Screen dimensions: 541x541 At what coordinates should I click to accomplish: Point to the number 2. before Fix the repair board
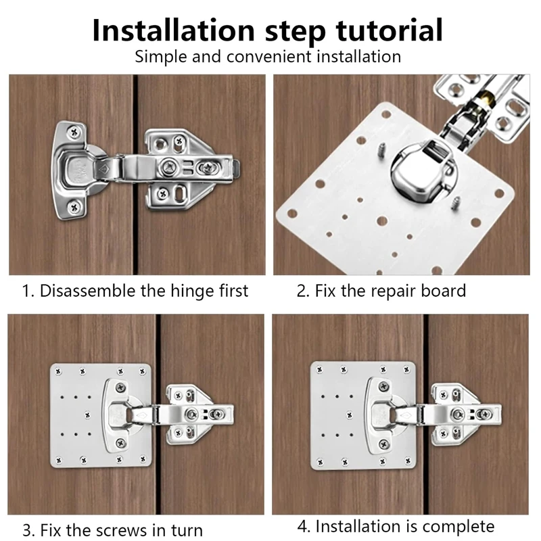[304, 291]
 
